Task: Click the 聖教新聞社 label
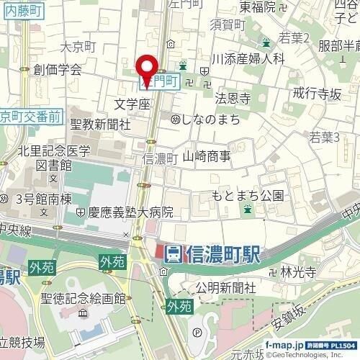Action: pos(100,124)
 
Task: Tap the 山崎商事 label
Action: pos(207,155)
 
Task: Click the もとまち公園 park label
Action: pos(248,195)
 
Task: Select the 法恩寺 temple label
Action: pos(233,96)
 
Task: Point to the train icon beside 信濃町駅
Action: pos(172,253)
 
